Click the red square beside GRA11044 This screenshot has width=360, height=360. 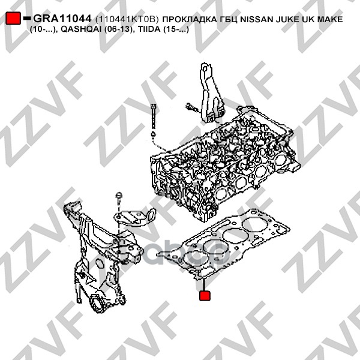13,19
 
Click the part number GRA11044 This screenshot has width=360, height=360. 62,20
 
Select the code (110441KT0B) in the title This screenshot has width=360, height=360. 125,20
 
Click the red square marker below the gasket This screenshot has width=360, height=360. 206,296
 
